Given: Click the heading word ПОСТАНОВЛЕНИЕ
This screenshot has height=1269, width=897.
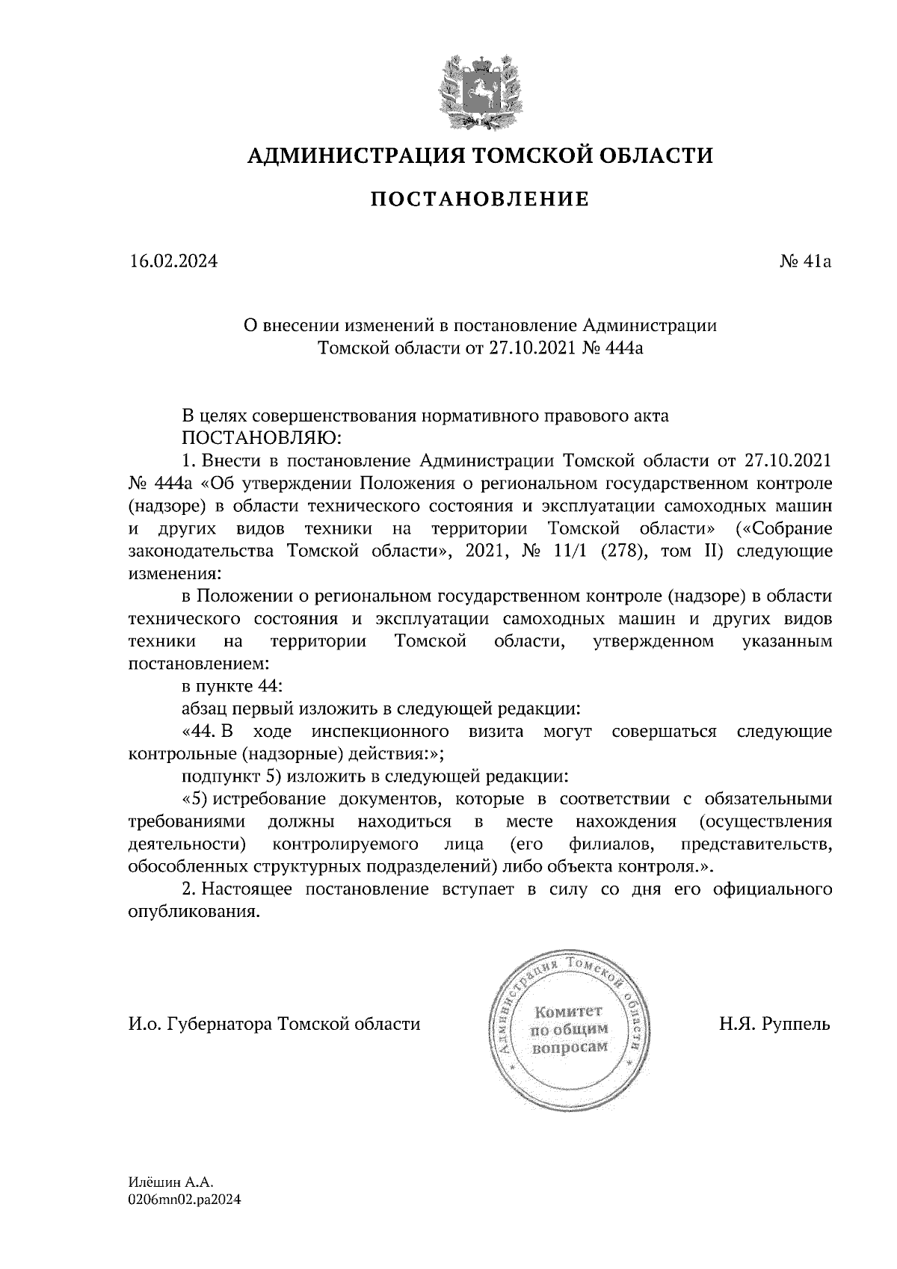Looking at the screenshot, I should click(480, 200).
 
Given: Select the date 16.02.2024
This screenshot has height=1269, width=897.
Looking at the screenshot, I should click(173, 262).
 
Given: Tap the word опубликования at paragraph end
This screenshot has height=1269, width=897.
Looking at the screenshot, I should click(194, 913).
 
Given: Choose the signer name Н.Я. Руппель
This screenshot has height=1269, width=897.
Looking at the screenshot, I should click(774, 1023).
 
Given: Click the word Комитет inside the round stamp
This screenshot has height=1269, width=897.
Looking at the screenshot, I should click(569, 1013).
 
